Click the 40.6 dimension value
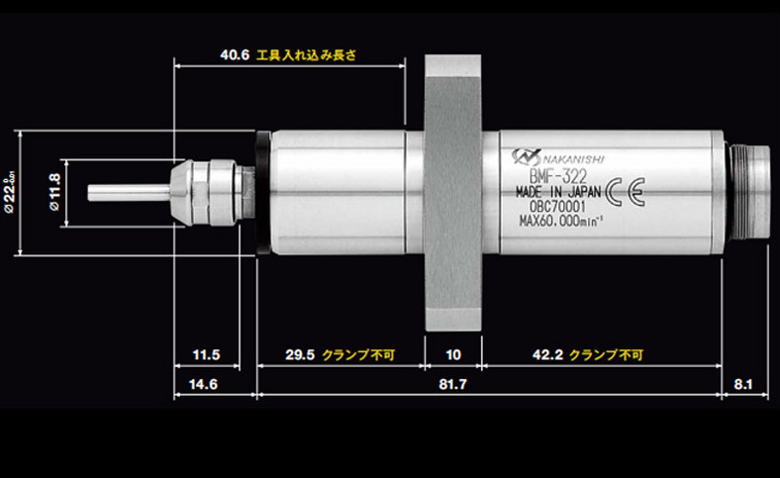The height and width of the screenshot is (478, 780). click(235, 55)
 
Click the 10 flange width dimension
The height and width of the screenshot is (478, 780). click(454, 354)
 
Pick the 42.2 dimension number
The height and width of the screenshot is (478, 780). click(544, 354)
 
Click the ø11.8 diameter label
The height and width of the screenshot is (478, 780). click(54, 193)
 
